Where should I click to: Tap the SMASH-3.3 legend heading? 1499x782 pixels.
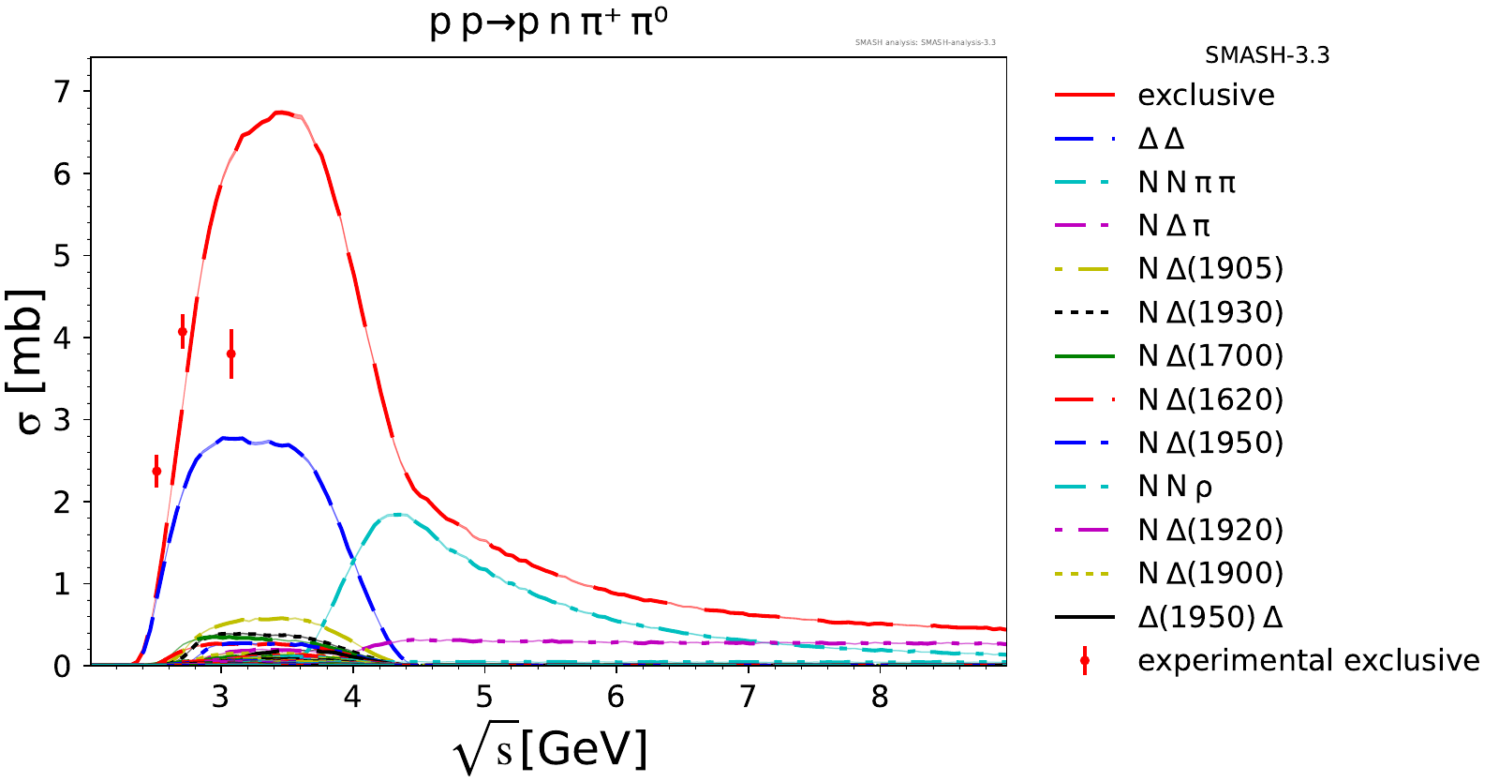[x=1267, y=55]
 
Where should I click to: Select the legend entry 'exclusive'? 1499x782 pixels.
[x=1206, y=95]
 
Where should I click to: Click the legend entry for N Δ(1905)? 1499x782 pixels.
[x=1210, y=269]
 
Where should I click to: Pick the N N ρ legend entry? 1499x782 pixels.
[x=1175, y=487]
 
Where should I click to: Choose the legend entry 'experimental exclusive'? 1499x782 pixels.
[x=1308, y=661]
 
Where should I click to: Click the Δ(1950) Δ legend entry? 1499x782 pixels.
[x=1210, y=617]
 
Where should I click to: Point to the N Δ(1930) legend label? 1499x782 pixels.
[x=1210, y=312]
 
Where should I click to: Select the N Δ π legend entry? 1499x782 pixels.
[x=1174, y=226]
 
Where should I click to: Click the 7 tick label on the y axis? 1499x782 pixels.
[x=62, y=92]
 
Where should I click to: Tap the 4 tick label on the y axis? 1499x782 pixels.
[x=62, y=338]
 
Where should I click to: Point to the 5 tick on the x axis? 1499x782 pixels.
[x=484, y=698]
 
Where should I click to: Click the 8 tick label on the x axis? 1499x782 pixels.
[x=880, y=698]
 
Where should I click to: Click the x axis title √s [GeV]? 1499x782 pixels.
[x=549, y=750]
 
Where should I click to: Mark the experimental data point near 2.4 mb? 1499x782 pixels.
[x=156, y=471]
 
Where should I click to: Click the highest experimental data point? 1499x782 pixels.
[x=183, y=331]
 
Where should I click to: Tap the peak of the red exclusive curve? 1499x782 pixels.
[x=280, y=113]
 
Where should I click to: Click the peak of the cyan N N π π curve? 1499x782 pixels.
[x=398, y=514]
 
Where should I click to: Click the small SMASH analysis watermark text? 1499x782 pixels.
[x=925, y=42]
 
